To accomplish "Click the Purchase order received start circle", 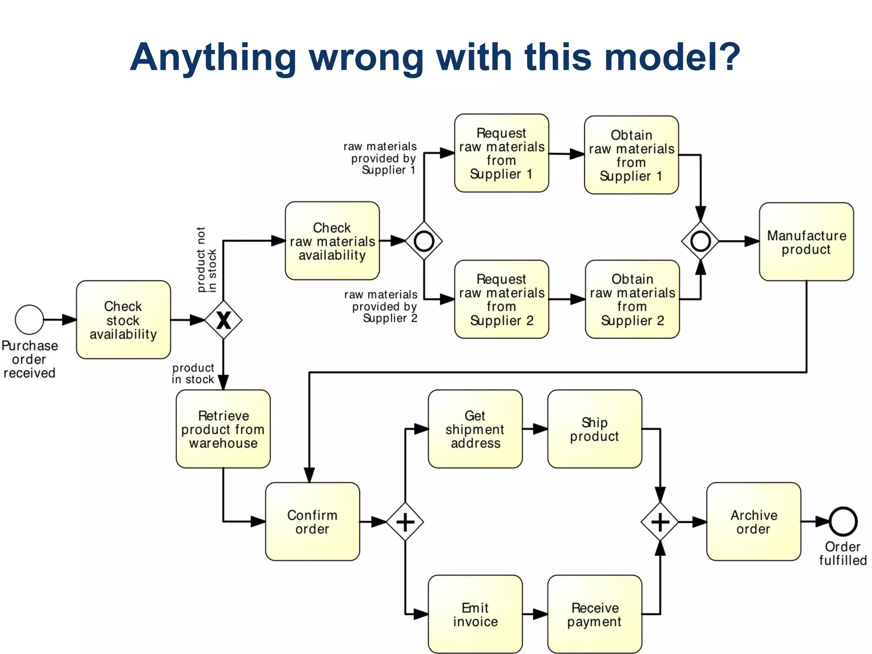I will [x=29, y=319].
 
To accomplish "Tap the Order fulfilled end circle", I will [x=843, y=521].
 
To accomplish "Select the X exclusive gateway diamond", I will [x=224, y=320].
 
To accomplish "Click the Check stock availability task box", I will [x=123, y=319].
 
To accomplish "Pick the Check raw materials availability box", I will [x=332, y=241].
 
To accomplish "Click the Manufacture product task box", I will [x=806, y=241].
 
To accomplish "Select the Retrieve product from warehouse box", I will [x=223, y=429].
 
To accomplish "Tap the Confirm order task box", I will [x=312, y=521].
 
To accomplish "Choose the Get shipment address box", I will [x=475, y=429].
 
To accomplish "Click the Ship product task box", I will [x=594, y=429].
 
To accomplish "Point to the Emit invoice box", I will [x=475, y=614].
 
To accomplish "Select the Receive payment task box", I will [x=594, y=614].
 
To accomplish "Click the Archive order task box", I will [x=753, y=521].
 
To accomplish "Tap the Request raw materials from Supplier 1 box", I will [x=502, y=153].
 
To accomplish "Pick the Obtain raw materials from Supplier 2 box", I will [x=632, y=299].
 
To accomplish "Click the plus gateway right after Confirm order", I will [x=405, y=522].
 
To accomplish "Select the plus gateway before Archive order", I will [x=660, y=522].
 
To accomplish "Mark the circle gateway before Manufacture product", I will [x=700, y=241].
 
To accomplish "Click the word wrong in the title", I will [x=367, y=57].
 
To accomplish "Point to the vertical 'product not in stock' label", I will [x=207, y=260].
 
